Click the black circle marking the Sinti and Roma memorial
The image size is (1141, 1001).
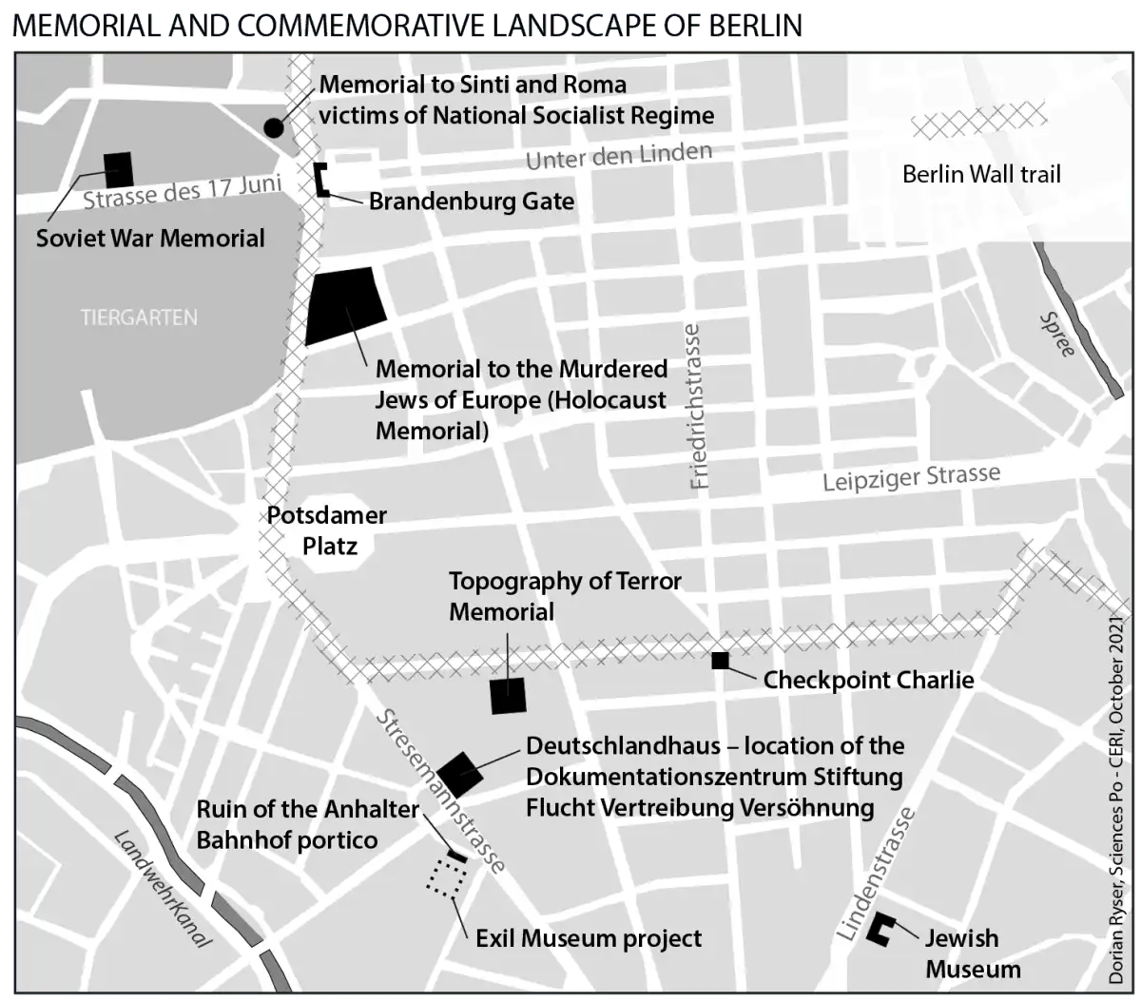pyautogui.click(x=273, y=127)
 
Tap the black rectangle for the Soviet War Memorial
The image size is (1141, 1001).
pyautogui.click(x=119, y=169)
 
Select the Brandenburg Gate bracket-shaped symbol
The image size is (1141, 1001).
pyautogui.click(x=322, y=180)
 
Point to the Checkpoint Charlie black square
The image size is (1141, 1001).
pyautogui.click(x=720, y=660)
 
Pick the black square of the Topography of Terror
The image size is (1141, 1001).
pyautogui.click(x=508, y=696)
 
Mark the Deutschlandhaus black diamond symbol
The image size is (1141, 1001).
pyautogui.click(x=457, y=774)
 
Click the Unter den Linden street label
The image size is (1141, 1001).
pyautogui.click(x=619, y=156)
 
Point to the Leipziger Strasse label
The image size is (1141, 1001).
pyautogui.click(x=911, y=477)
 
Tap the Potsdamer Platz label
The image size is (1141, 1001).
pyautogui.click(x=327, y=530)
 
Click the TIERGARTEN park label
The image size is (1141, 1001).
pyautogui.click(x=139, y=318)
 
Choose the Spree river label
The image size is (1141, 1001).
pyautogui.click(x=1057, y=335)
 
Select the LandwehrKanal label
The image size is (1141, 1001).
pyautogui.click(x=163, y=889)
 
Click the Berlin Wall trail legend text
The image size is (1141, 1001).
pyautogui.click(x=981, y=174)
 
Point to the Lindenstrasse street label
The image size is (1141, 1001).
pyautogui.click(x=877, y=875)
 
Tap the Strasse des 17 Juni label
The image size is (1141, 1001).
pyautogui.click(x=182, y=192)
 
